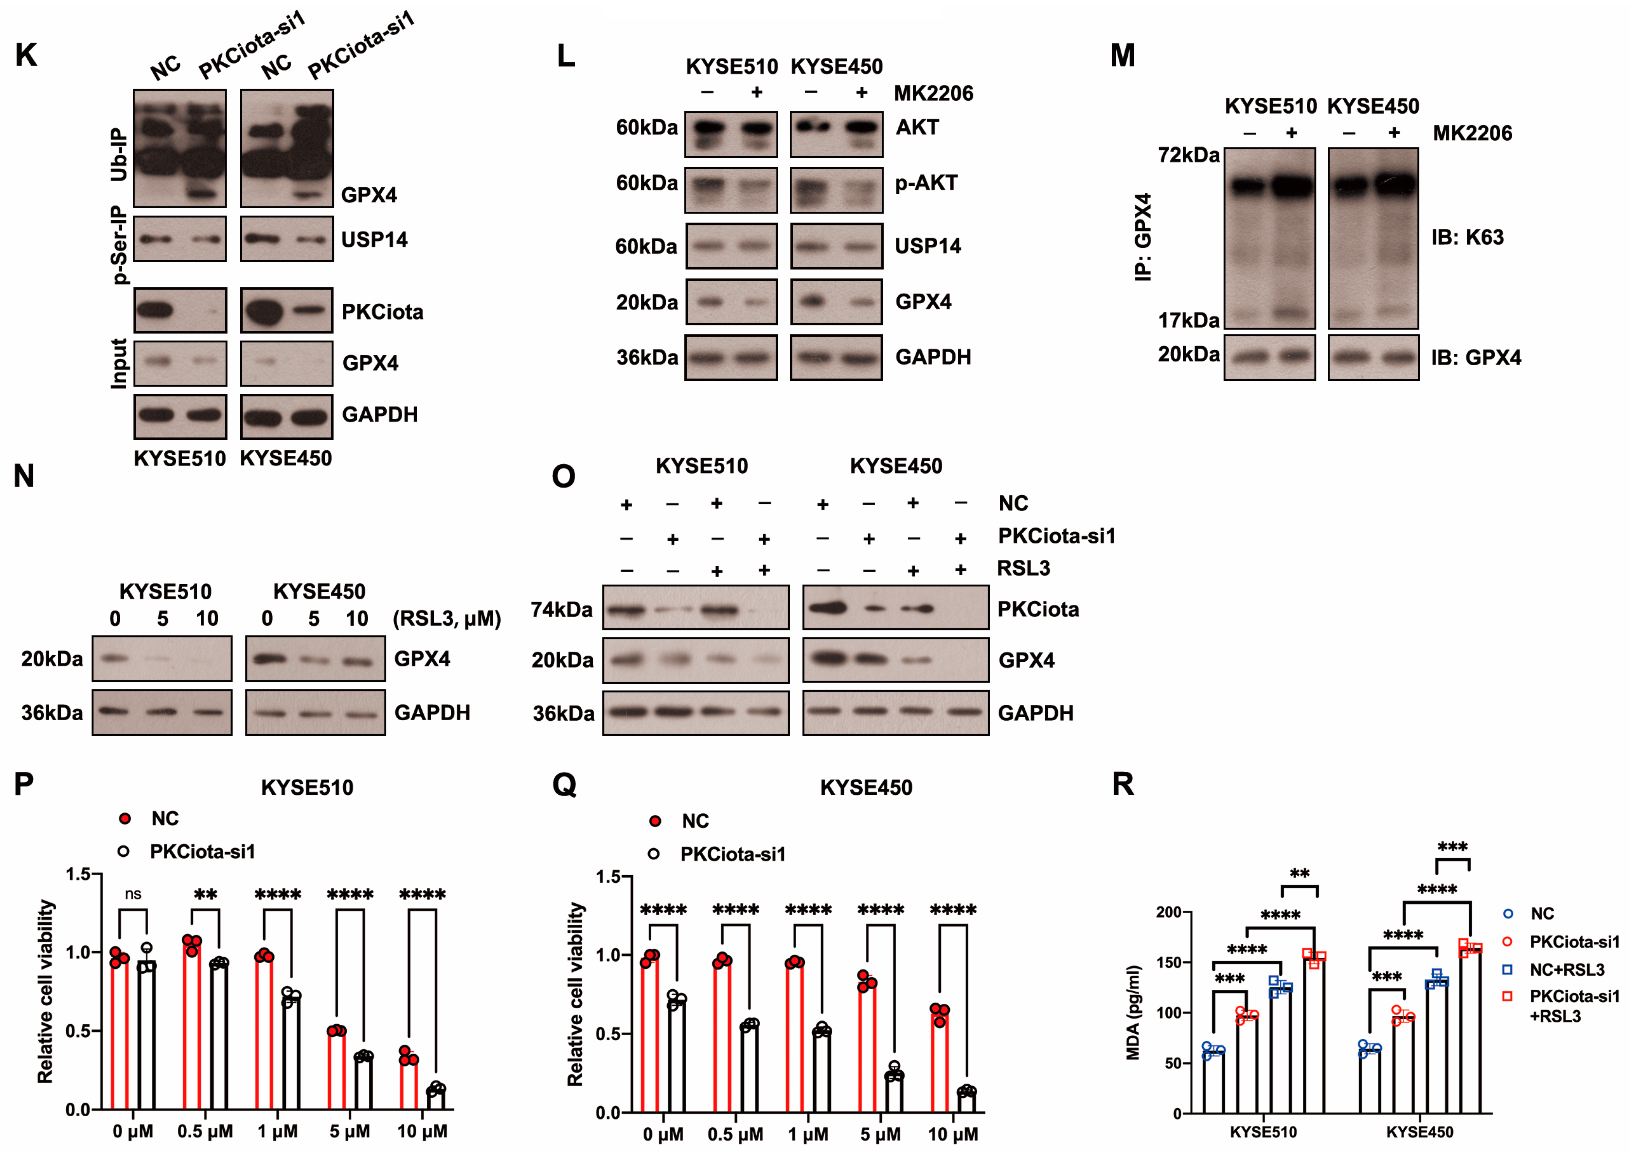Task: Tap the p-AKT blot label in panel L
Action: pyautogui.click(x=926, y=183)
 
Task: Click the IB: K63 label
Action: pyautogui.click(x=1467, y=237)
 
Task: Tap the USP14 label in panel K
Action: pyautogui.click(x=374, y=240)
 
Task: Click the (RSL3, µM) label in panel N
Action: pyautogui.click(x=446, y=618)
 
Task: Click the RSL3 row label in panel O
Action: pyautogui.click(x=1023, y=568)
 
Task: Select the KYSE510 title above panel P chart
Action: pyautogui.click(x=307, y=787)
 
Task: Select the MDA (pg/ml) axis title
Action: pyautogui.click(x=1133, y=1013)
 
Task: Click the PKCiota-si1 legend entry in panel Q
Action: pyautogui.click(x=733, y=854)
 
